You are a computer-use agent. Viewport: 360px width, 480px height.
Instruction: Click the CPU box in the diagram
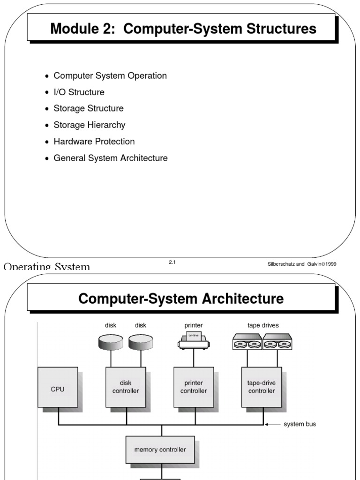(x=58, y=387)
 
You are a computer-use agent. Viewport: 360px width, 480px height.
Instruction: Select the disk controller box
(x=126, y=387)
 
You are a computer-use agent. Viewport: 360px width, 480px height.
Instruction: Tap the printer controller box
(x=194, y=387)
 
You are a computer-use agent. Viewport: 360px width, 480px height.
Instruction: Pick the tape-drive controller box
(x=261, y=387)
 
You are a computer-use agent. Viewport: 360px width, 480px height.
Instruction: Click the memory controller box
(x=160, y=450)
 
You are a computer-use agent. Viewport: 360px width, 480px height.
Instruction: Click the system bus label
(x=300, y=424)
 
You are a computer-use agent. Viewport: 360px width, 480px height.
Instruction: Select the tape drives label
(x=263, y=325)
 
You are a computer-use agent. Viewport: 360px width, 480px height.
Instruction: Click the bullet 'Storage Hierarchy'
(x=90, y=125)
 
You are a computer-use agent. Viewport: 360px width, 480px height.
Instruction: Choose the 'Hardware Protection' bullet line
(x=94, y=142)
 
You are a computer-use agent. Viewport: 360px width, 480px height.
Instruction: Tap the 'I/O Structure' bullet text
(x=79, y=92)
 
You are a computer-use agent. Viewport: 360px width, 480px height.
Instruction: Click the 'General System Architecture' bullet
(x=111, y=158)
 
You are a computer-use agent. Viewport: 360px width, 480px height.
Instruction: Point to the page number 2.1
(x=172, y=262)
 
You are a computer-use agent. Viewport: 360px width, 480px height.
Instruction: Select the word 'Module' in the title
(x=75, y=29)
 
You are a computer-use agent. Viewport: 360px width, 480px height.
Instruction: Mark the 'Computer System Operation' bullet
(x=110, y=75)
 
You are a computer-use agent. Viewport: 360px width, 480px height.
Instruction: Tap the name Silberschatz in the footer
(x=280, y=264)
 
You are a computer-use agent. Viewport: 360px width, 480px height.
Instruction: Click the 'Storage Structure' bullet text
(x=89, y=108)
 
